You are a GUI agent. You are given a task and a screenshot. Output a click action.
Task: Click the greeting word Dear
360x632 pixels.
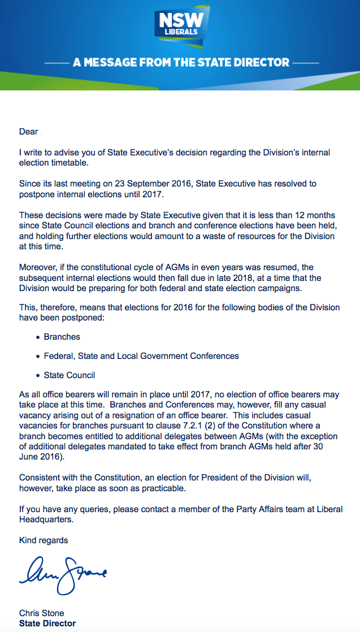[28, 132]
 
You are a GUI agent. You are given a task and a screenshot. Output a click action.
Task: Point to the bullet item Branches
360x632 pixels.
[62, 337]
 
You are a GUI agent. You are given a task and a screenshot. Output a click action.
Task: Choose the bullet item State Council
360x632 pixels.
[69, 375]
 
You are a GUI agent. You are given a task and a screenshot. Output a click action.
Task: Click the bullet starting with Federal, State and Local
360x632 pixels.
[141, 356]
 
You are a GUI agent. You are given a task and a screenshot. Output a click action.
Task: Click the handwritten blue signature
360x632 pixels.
[62, 571]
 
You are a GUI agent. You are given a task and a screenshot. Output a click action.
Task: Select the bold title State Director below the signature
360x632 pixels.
[47, 624]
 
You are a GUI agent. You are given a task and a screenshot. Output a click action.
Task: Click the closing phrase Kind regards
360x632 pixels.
[44, 540]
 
